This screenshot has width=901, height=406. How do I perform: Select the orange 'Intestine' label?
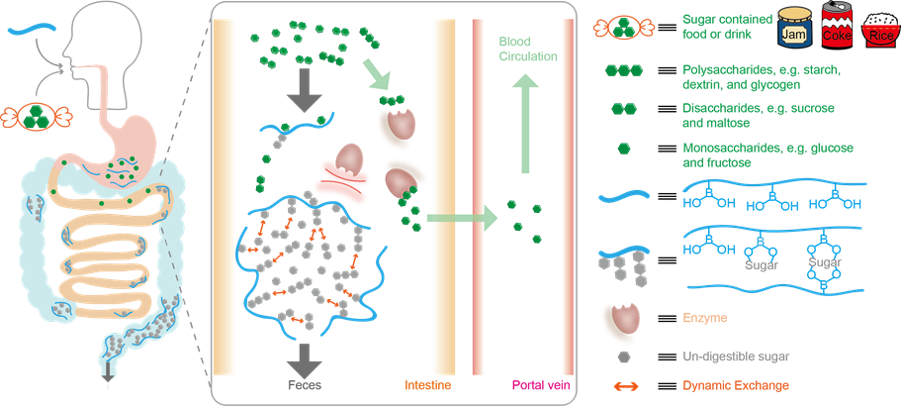[429, 384]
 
